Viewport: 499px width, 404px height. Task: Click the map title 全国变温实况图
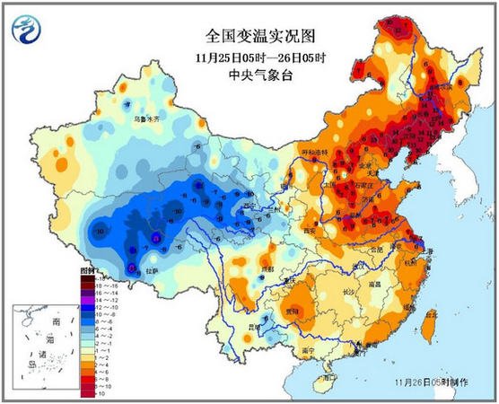[x=249, y=37]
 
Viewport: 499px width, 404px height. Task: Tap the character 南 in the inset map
[x=56, y=321]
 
